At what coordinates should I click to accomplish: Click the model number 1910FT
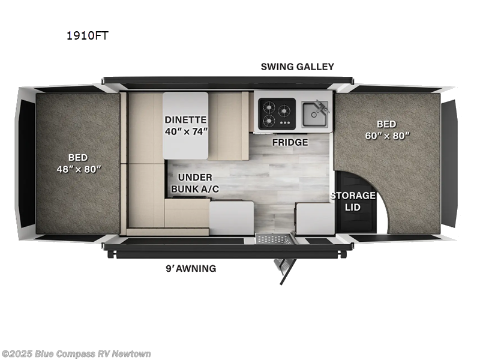pos(87,35)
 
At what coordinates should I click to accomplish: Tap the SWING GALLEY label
pos(297,67)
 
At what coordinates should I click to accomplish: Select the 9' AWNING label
pos(191,268)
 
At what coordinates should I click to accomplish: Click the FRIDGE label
pos(290,142)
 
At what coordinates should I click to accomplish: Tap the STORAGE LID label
pos(352,201)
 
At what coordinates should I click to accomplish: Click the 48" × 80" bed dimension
pos(78,169)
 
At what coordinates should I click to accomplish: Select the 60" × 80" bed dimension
pos(387,135)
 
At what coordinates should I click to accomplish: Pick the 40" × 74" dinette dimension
pos(186,132)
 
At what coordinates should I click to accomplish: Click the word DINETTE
pos(186,119)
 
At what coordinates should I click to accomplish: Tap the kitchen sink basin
pos(314,113)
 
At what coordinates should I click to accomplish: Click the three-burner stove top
pos(277,112)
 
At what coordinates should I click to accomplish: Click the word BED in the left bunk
pos(78,156)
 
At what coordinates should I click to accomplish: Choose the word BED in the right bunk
pos(387,124)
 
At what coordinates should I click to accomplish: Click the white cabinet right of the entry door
pos(315,218)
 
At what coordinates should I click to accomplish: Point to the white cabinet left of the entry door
pos(232,217)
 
